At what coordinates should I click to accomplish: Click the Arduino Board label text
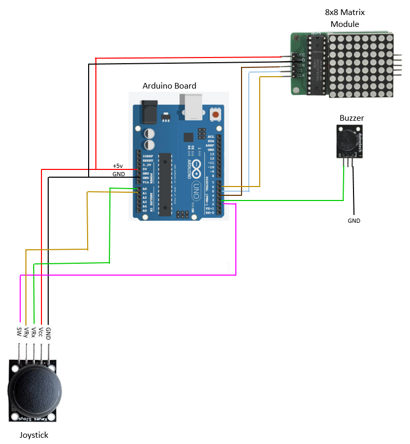(169, 85)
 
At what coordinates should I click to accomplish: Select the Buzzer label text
(351, 118)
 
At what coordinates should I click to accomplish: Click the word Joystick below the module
(34, 435)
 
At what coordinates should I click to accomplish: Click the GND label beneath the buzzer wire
(354, 221)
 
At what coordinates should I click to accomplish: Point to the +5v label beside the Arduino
(119, 166)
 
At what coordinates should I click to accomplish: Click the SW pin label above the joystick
(19, 332)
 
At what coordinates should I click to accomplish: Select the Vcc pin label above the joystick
(40, 332)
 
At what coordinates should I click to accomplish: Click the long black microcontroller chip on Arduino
(165, 184)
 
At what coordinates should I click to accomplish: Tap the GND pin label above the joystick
(48, 332)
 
